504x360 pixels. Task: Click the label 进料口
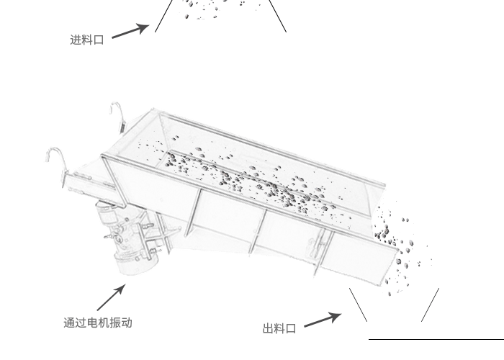(x=87, y=40)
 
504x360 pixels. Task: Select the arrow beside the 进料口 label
(x=130, y=32)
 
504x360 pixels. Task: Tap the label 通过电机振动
(x=98, y=323)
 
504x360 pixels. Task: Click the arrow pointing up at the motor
(x=112, y=298)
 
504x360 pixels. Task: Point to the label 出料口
(x=279, y=329)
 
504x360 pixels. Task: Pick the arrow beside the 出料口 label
(x=322, y=320)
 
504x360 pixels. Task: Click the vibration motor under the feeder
(x=130, y=238)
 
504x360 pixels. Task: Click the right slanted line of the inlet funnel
(x=279, y=16)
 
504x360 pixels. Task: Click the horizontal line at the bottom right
(x=436, y=338)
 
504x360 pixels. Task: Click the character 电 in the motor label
(x=92, y=323)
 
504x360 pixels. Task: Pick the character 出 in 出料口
(x=269, y=329)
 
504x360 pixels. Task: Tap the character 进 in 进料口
(x=76, y=40)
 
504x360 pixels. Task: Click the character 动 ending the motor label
(x=127, y=323)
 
